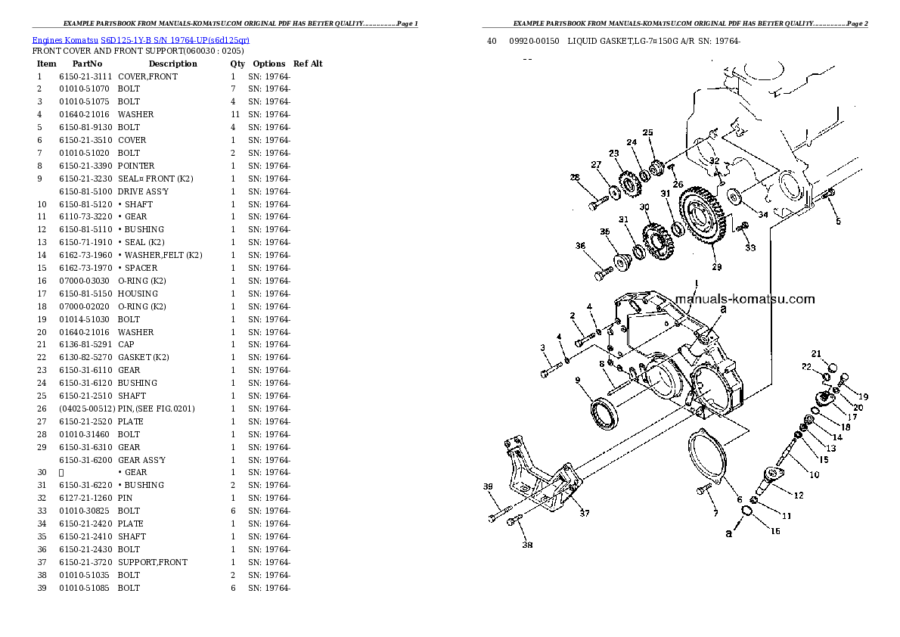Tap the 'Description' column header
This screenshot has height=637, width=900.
172,64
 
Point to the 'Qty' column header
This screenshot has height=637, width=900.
237,64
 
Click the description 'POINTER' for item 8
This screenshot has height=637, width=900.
136,166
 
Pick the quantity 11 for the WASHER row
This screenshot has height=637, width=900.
234,114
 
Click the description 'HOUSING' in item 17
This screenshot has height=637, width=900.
138,294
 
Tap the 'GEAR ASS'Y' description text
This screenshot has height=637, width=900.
141,460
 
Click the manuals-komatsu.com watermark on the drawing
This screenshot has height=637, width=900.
754,299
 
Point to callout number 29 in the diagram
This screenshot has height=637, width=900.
717,267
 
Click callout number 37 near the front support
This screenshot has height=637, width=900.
584,514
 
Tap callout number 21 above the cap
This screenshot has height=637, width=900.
816,353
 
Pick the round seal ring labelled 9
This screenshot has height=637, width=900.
605,415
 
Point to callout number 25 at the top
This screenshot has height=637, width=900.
647,133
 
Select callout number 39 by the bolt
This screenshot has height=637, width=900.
488,486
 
